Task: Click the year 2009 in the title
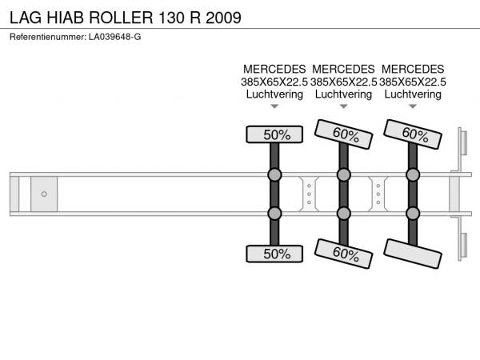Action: click(x=222, y=17)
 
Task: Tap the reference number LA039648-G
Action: click(x=112, y=38)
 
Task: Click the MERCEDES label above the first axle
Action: click(x=274, y=69)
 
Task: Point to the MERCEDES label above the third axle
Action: click(x=413, y=69)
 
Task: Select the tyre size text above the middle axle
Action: click(x=344, y=82)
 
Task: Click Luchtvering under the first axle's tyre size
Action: click(x=274, y=94)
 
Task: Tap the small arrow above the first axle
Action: click(x=274, y=106)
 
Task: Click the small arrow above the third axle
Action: click(x=413, y=106)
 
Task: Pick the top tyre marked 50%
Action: click(x=274, y=134)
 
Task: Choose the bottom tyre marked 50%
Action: click(x=274, y=254)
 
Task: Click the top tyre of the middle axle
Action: click(x=344, y=134)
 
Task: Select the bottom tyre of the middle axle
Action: click(x=344, y=254)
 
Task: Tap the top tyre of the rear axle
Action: click(x=413, y=134)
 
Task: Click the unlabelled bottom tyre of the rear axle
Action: click(x=413, y=254)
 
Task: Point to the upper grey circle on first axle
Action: click(x=274, y=174)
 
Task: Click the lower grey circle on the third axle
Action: click(x=413, y=213)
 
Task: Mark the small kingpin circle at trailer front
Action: click(x=44, y=194)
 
